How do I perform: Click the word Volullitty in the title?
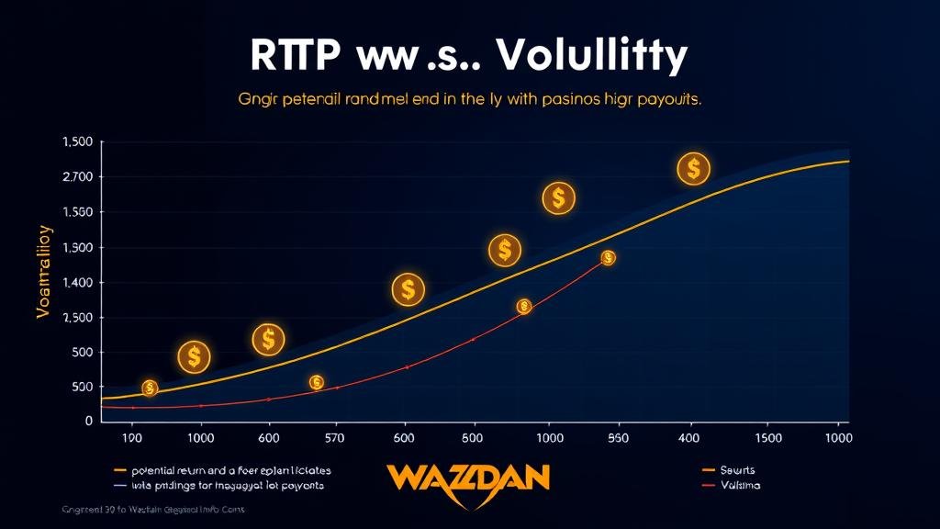[590, 57]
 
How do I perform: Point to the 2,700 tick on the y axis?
[77, 177]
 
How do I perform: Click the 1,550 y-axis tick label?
[77, 212]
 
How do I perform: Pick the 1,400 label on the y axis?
[77, 283]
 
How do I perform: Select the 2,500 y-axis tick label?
[77, 318]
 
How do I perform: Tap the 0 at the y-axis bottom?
[88, 422]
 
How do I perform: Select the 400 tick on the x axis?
[688, 438]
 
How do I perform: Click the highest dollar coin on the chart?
[694, 169]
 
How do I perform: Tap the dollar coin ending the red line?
[608, 258]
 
